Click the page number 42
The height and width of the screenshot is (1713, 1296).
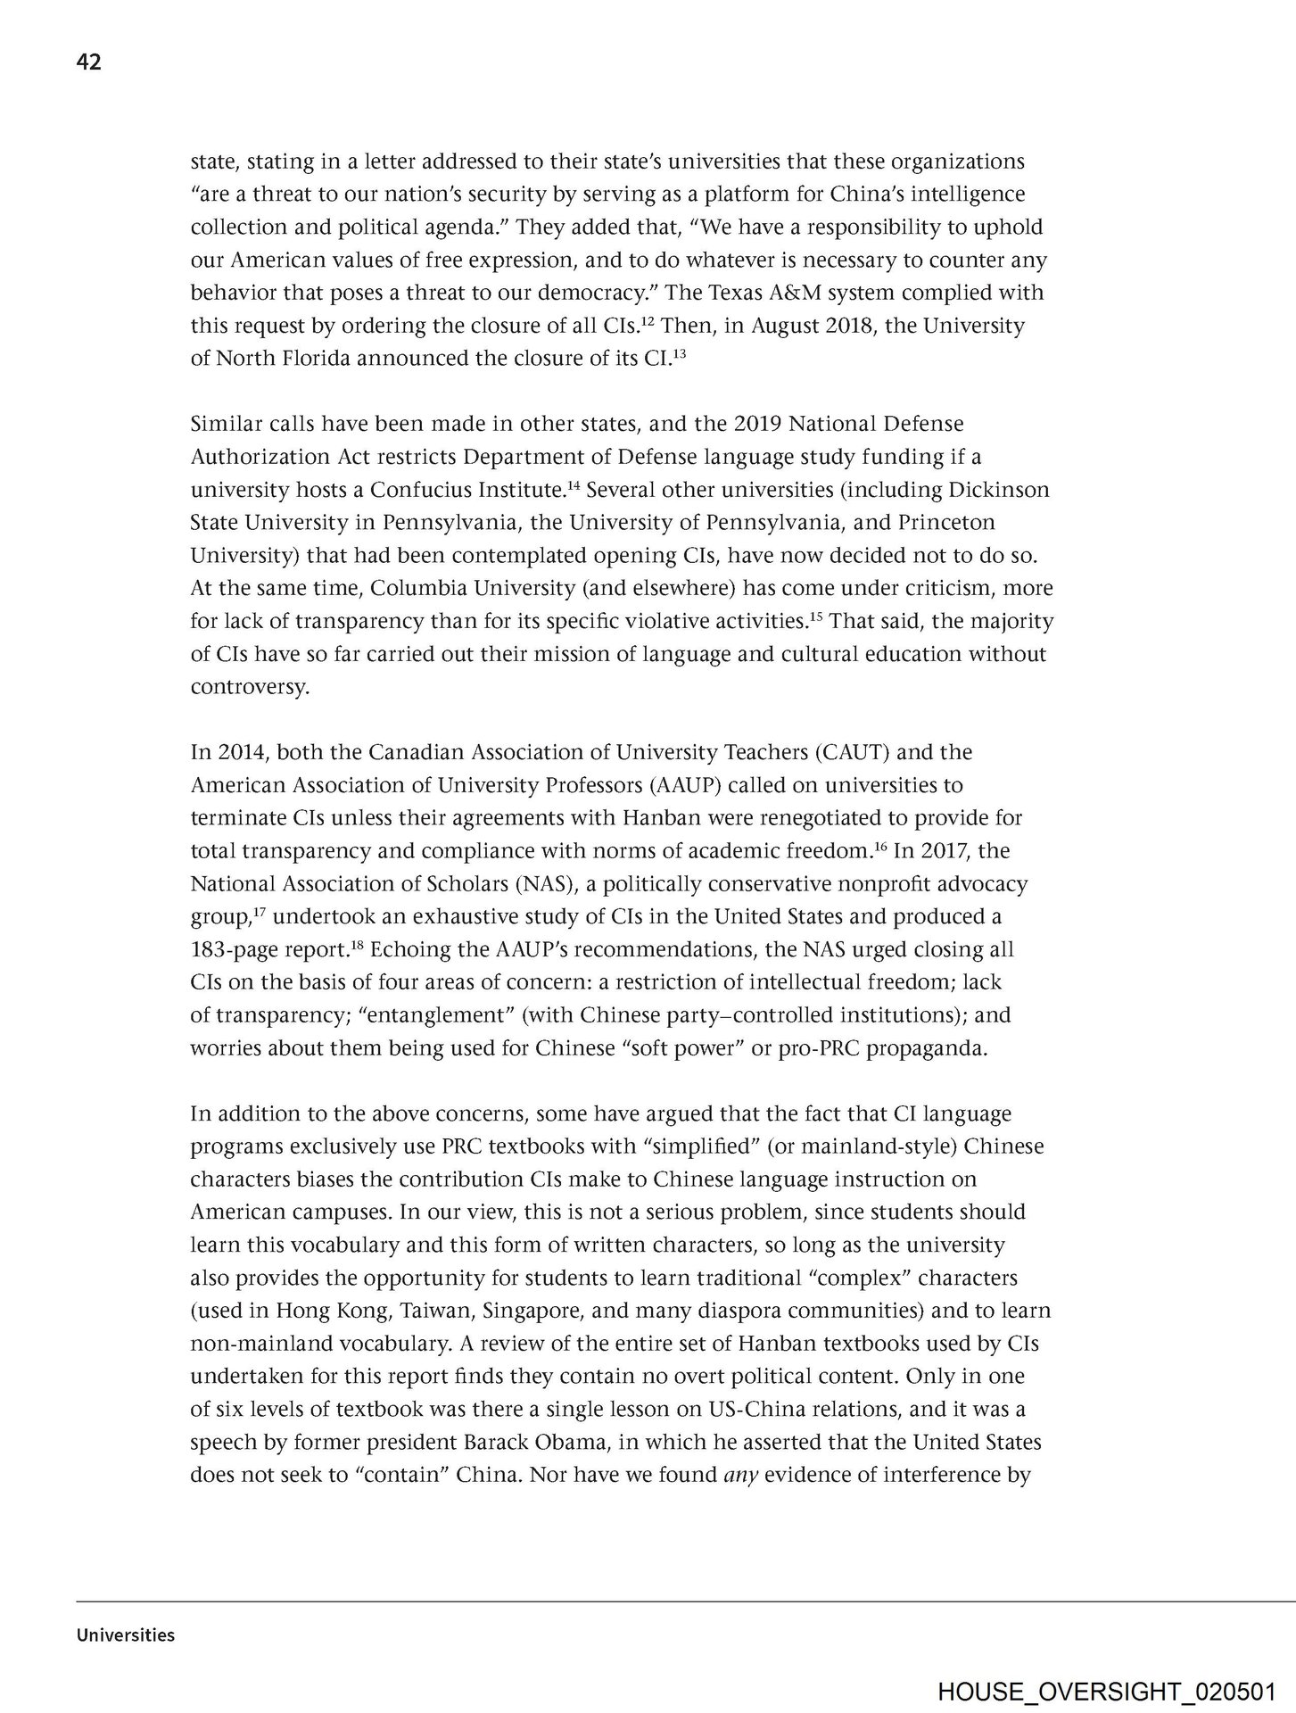coord(89,62)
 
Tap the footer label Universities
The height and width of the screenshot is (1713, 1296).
coord(126,1635)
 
